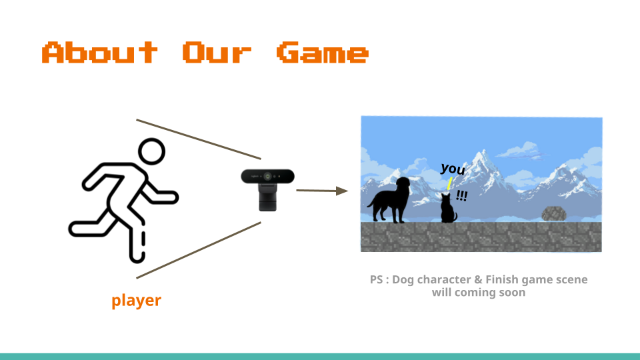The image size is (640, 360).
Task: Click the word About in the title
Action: (x=100, y=52)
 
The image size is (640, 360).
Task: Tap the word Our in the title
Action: (x=217, y=52)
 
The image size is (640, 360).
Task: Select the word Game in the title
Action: (x=323, y=52)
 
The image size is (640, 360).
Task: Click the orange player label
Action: (x=136, y=301)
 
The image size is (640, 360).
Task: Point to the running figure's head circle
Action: (x=152, y=151)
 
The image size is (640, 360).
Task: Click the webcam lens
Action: (x=268, y=176)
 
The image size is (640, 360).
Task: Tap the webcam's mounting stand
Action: (x=268, y=197)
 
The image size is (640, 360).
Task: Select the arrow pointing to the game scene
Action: (x=322, y=191)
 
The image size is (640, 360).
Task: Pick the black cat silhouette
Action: (x=448, y=209)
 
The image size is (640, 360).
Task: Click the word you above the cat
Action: (x=453, y=169)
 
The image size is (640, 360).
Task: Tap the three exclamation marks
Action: (x=461, y=196)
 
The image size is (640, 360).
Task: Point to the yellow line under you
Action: (x=449, y=183)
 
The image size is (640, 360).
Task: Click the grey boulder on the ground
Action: (x=553, y=213)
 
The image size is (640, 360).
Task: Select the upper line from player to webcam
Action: (x=199, y=139)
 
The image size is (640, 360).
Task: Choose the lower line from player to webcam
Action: (x=199, y=250)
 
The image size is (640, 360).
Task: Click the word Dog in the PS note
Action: (x=403, y=280)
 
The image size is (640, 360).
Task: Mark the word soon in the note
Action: (x=513, y=293)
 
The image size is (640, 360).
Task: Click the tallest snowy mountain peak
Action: (x=484, y=152)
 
